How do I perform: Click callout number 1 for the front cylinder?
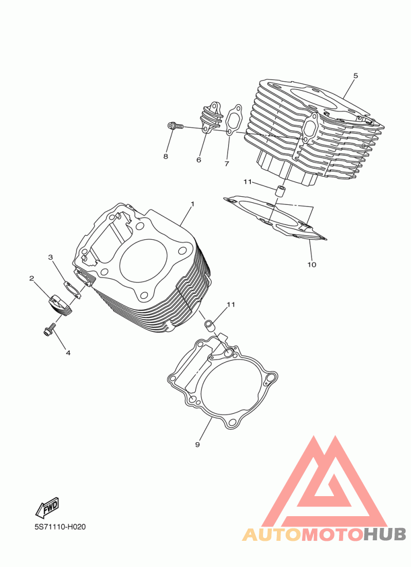pos(193,204)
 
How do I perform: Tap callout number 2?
pos(32,278)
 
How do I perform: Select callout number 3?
pos(51,257)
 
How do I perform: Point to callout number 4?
pos(68,352)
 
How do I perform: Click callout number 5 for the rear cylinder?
pos(356,75)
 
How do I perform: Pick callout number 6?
pos(199,160)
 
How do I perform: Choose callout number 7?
pos(227,164)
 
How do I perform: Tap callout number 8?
pos(166,157)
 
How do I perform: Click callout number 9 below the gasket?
pos(198,444)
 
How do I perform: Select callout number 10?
pos(312,264)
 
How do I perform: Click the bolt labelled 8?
pos(176,126)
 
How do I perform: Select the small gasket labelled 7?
pos(234,120)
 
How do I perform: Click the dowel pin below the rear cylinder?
pos(280,191)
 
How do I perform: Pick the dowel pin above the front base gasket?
pos(210,325)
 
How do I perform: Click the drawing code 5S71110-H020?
pos(61,527)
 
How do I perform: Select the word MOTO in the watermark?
pos(332,534)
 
